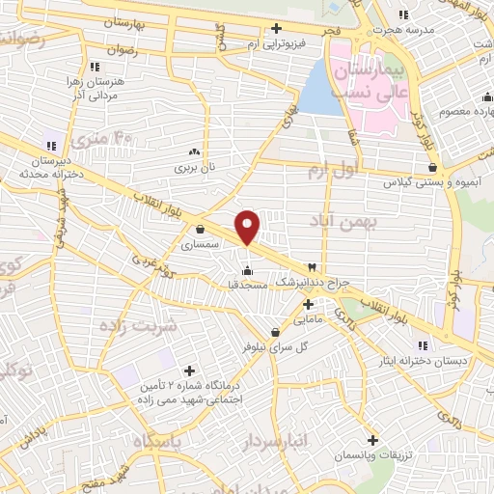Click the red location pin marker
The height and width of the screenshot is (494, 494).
(x=249, y=226)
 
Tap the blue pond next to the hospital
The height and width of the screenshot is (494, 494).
(x=315, y=88)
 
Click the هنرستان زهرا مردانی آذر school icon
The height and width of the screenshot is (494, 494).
(x=94, y=67)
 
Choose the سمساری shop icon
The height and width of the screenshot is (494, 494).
(x=199, y=230)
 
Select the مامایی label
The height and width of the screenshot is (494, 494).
(x=306, y=317)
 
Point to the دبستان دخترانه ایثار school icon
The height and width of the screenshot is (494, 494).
(x=422, y=345)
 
